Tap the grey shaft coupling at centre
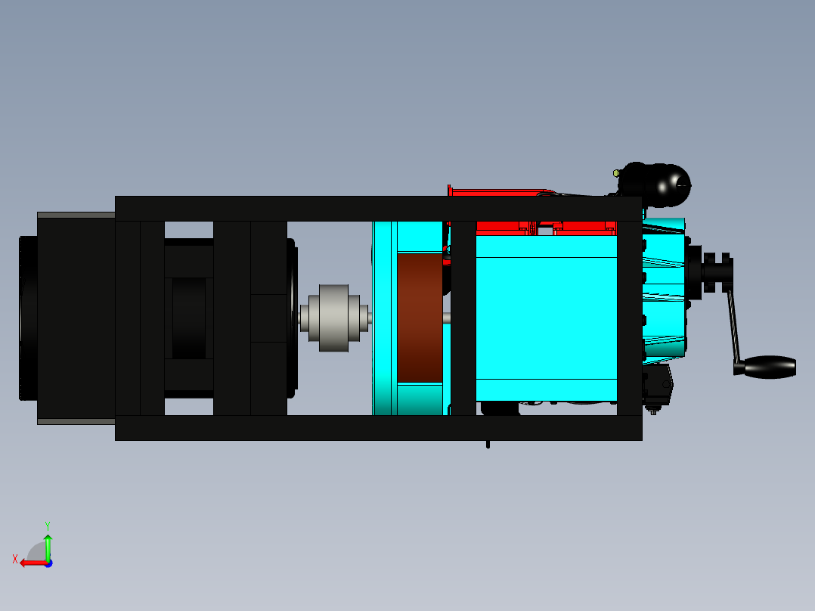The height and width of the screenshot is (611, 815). click(x=333, y=318)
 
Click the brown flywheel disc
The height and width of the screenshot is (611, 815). click(x=419, y=318)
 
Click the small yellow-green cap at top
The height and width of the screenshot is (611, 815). click(x=616, y=173)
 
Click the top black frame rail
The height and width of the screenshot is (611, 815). click(x=378, y=209)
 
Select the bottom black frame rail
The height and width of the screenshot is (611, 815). click(x=378, y=427)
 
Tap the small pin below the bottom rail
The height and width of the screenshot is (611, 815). click(x=488, y=444)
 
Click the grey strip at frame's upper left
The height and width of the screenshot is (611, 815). click(x=76, y=216)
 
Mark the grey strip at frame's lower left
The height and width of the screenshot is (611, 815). click(x=76, y=421)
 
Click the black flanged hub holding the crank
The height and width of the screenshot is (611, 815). click(x=714, y=272)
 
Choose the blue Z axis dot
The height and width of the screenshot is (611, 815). click(x=48, y=563)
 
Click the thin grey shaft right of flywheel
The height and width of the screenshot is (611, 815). click(x=447, y=318)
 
